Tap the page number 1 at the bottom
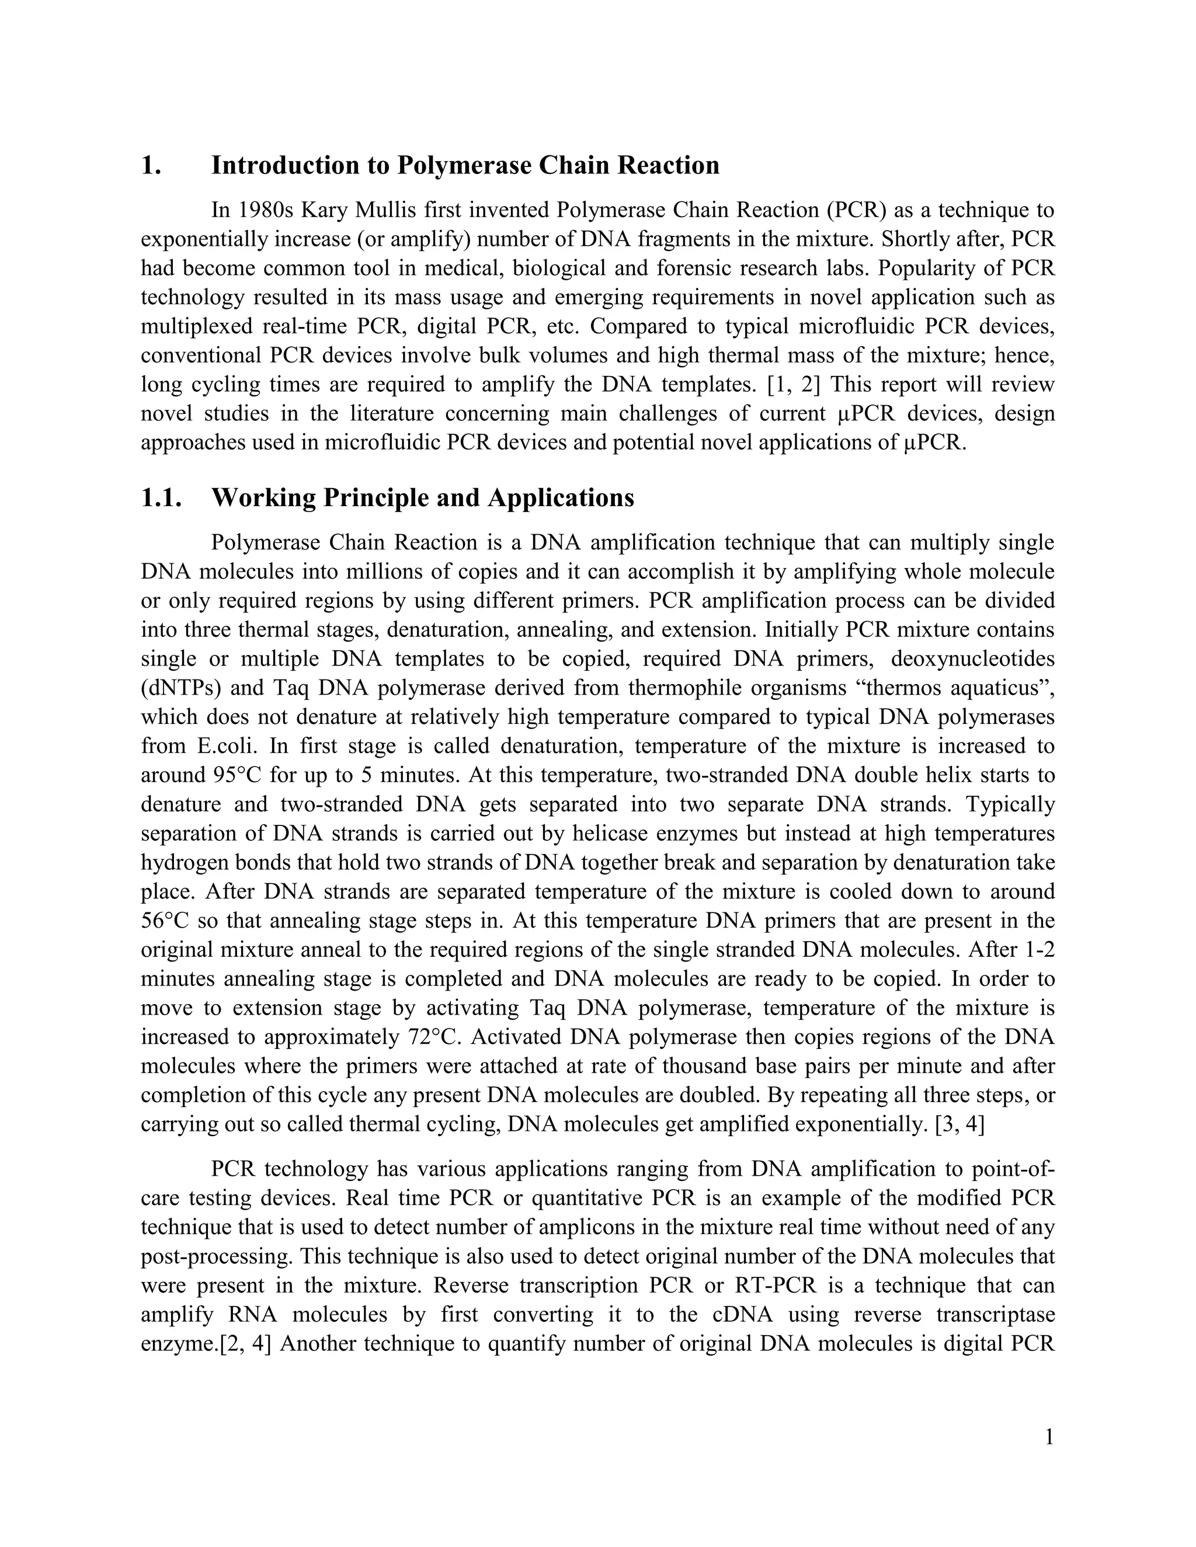(1049, 1437)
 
